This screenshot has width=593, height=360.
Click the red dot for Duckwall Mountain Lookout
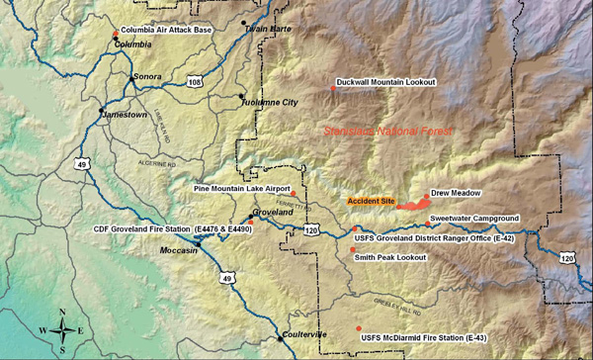pos(333,89)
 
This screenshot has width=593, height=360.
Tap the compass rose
pos(61,330)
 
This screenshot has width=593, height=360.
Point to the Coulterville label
pos(302,334)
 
